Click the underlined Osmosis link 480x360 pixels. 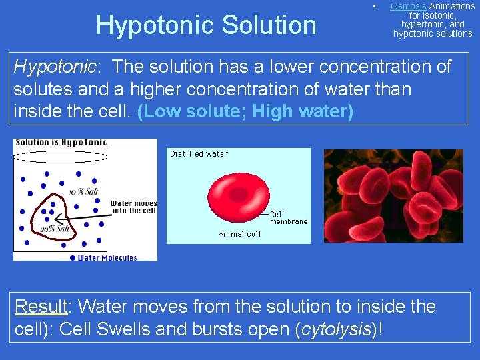click(x=409, y=6)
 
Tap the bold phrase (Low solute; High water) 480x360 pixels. click(x=245, y=111)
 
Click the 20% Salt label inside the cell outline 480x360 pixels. click(x=55, y=229)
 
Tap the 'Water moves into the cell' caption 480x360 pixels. click(x=133, y=207)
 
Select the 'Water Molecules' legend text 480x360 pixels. click(x=107, y=258)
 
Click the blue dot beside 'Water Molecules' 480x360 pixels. click(x=73, y=257)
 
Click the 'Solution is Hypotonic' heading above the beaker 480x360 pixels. click(x=61, y=143)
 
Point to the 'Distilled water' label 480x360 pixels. click(x=199, y=154)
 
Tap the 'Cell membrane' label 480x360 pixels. click(x=289, y=218)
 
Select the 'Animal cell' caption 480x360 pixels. click(x=239, y=234)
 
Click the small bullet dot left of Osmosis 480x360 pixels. click(x=375, y=7)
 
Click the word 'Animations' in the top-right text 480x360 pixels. click(x=452, y=6)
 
